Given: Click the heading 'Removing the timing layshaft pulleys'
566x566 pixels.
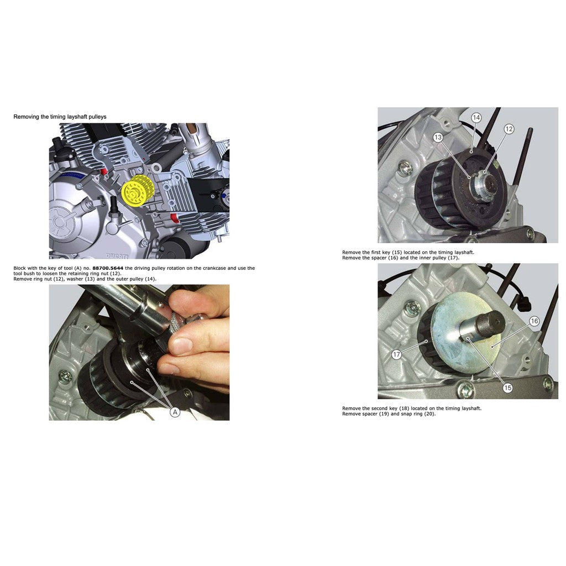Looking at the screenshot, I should [x=60, y=117].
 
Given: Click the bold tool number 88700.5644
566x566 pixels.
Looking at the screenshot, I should [x=108, y=268].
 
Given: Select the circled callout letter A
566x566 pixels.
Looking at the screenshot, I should [x=175, y=412].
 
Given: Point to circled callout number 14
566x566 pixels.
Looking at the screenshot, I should [x=476, y=118].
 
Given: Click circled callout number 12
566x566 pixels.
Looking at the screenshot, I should [x=509, y=129].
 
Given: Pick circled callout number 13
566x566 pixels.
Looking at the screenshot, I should [x=438, y=138].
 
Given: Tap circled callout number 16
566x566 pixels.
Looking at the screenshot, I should [x=534, y=321].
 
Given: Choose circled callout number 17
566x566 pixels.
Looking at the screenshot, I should [x=396, y=355].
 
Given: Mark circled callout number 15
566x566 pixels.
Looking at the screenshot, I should [x=507, y=388].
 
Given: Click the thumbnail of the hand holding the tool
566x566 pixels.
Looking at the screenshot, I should [x=139, y=352].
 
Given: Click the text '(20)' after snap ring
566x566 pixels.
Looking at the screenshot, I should [x=429, y=414].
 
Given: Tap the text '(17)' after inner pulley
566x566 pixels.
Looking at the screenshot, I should [x=453, y=258].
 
